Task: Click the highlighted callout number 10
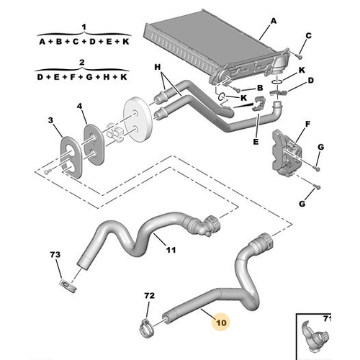(x=221, y=323)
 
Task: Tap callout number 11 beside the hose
(x=171, y=250)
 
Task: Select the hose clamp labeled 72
(x=147, y=328)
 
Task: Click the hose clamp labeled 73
(x=68, y=286)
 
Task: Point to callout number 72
(x=150, y=295)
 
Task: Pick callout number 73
(x=55, y=254)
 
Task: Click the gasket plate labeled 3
(x=71, y=158)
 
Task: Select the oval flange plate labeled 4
(x=94, y=145)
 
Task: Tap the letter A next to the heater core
(x=274, y=21)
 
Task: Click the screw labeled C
(x=300, y=56)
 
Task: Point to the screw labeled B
(x=237, y=90)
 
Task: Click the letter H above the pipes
(x=158, y=67)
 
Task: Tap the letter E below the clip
(x=256, y=142)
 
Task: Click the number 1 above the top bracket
(x=84, y=27)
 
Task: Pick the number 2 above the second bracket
(x=82, y=63)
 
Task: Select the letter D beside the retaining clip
(x=311, y=81)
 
